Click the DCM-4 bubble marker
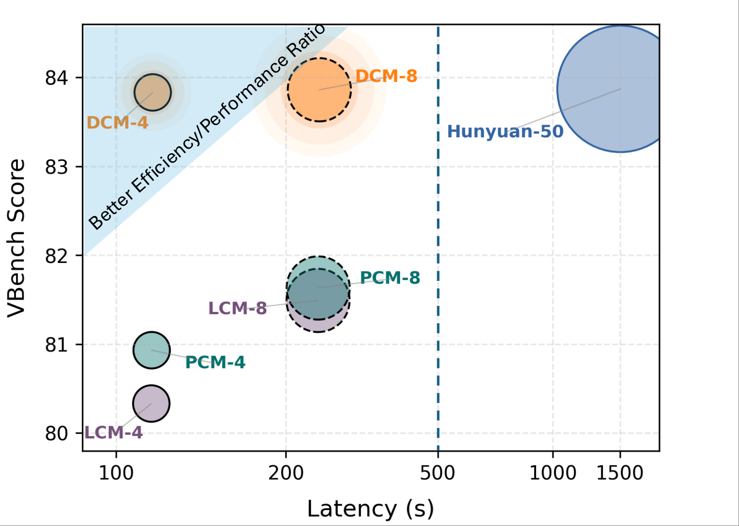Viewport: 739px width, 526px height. [x=153, y=92]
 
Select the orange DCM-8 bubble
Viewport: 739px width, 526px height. [x=319, y=89]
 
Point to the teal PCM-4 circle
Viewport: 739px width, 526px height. [x=151, y=350]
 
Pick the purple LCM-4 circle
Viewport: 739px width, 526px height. [x=151, y=403]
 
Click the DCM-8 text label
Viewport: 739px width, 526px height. [x=386, y=76]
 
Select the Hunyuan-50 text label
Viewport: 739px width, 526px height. [x=505, y=131]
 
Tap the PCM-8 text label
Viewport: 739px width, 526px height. [x=390, y=278]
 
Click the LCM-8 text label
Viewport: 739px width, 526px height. [x=237, y=309]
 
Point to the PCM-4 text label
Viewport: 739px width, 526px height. [x=215, y=362]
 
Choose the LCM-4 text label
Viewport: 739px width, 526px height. [x=113, y=432]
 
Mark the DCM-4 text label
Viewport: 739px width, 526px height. [x=117, y=123]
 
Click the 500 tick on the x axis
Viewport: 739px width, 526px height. [x=438, y=472]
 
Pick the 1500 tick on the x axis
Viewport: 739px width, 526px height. [x=619, y=472]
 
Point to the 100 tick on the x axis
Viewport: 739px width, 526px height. [x=116, y=472]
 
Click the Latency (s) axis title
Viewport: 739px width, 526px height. [x=370, y=509]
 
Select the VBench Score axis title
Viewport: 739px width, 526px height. [x=16, y=238]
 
